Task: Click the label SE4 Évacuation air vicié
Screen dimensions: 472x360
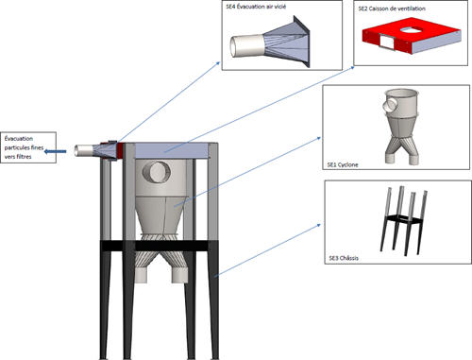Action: tap(256, 7)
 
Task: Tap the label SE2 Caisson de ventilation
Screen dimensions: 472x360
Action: tap(392, 9)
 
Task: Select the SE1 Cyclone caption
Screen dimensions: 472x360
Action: tap(343, 164)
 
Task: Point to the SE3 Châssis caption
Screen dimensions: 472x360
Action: tap(344, 258)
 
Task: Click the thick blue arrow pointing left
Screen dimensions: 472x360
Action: tap(56, 151)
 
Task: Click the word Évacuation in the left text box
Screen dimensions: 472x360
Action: tap(19, 139)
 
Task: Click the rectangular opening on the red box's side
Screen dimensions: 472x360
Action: tap(387, 42)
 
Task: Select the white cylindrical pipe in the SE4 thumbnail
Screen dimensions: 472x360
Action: tap(247, 46)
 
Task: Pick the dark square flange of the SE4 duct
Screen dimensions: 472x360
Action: tap(301, 41)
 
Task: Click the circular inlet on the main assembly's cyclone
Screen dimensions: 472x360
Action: tap(157, 172)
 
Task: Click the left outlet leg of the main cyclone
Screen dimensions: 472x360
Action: tap(141, 274)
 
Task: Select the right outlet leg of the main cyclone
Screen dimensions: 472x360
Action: tap(179, 275)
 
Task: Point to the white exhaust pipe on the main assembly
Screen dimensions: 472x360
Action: tap(83, 150)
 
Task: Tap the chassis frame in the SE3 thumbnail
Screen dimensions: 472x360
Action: tap(404, 220)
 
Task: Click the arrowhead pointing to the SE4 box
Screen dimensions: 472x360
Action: tap(217, 63)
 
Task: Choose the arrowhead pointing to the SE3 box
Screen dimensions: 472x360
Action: tap(318, 225)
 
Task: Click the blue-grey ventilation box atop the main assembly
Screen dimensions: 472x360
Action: tap(172, 150)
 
